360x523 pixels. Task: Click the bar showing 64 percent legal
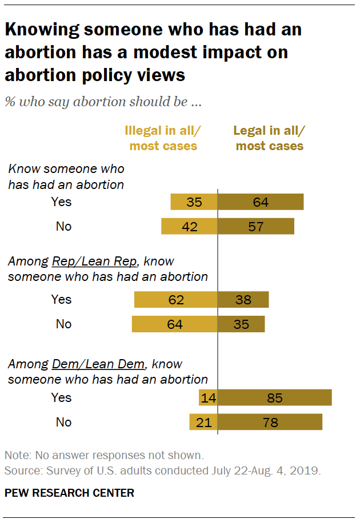point(261,202)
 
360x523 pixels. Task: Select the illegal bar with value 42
point(189,227)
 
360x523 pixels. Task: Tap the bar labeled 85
point(275,398)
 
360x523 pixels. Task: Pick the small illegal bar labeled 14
point(207,398)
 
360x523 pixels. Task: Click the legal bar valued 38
point(243,300)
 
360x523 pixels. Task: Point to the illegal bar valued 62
point(175,300)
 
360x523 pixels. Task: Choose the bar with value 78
point(270,423)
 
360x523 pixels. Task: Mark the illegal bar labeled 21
point(203,423)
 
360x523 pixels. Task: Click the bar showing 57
point(256,227)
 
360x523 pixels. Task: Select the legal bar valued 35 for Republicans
point(241,324)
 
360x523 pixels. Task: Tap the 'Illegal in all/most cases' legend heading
point(163,139)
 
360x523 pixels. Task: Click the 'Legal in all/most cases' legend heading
point(269,139)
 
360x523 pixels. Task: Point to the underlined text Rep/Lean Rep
point(94,261)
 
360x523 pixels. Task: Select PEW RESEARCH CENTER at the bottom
point(70,492)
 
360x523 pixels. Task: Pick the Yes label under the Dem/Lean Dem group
point(62,397)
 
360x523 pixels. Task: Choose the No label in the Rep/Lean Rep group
point(63,324)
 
